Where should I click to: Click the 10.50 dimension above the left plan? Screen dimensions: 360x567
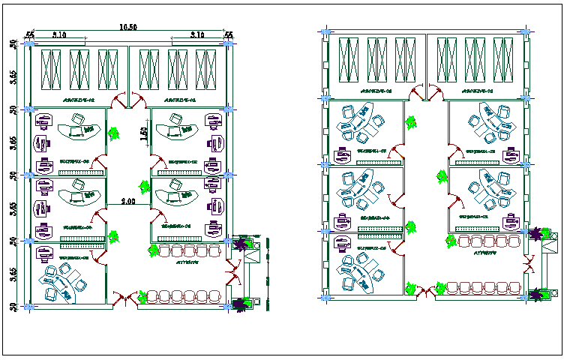pos(128,28)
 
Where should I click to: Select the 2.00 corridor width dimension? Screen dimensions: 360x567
pos(128,202)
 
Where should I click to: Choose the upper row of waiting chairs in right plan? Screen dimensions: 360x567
pos(489,241)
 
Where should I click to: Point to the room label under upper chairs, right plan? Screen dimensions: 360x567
pos(486,253)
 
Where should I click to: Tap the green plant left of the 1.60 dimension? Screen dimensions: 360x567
pos(114,133)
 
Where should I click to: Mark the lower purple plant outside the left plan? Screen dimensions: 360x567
pos(241,303)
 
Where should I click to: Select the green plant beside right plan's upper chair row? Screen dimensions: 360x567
pos(450,241)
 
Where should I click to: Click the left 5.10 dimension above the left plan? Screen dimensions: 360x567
pos(59,34)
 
